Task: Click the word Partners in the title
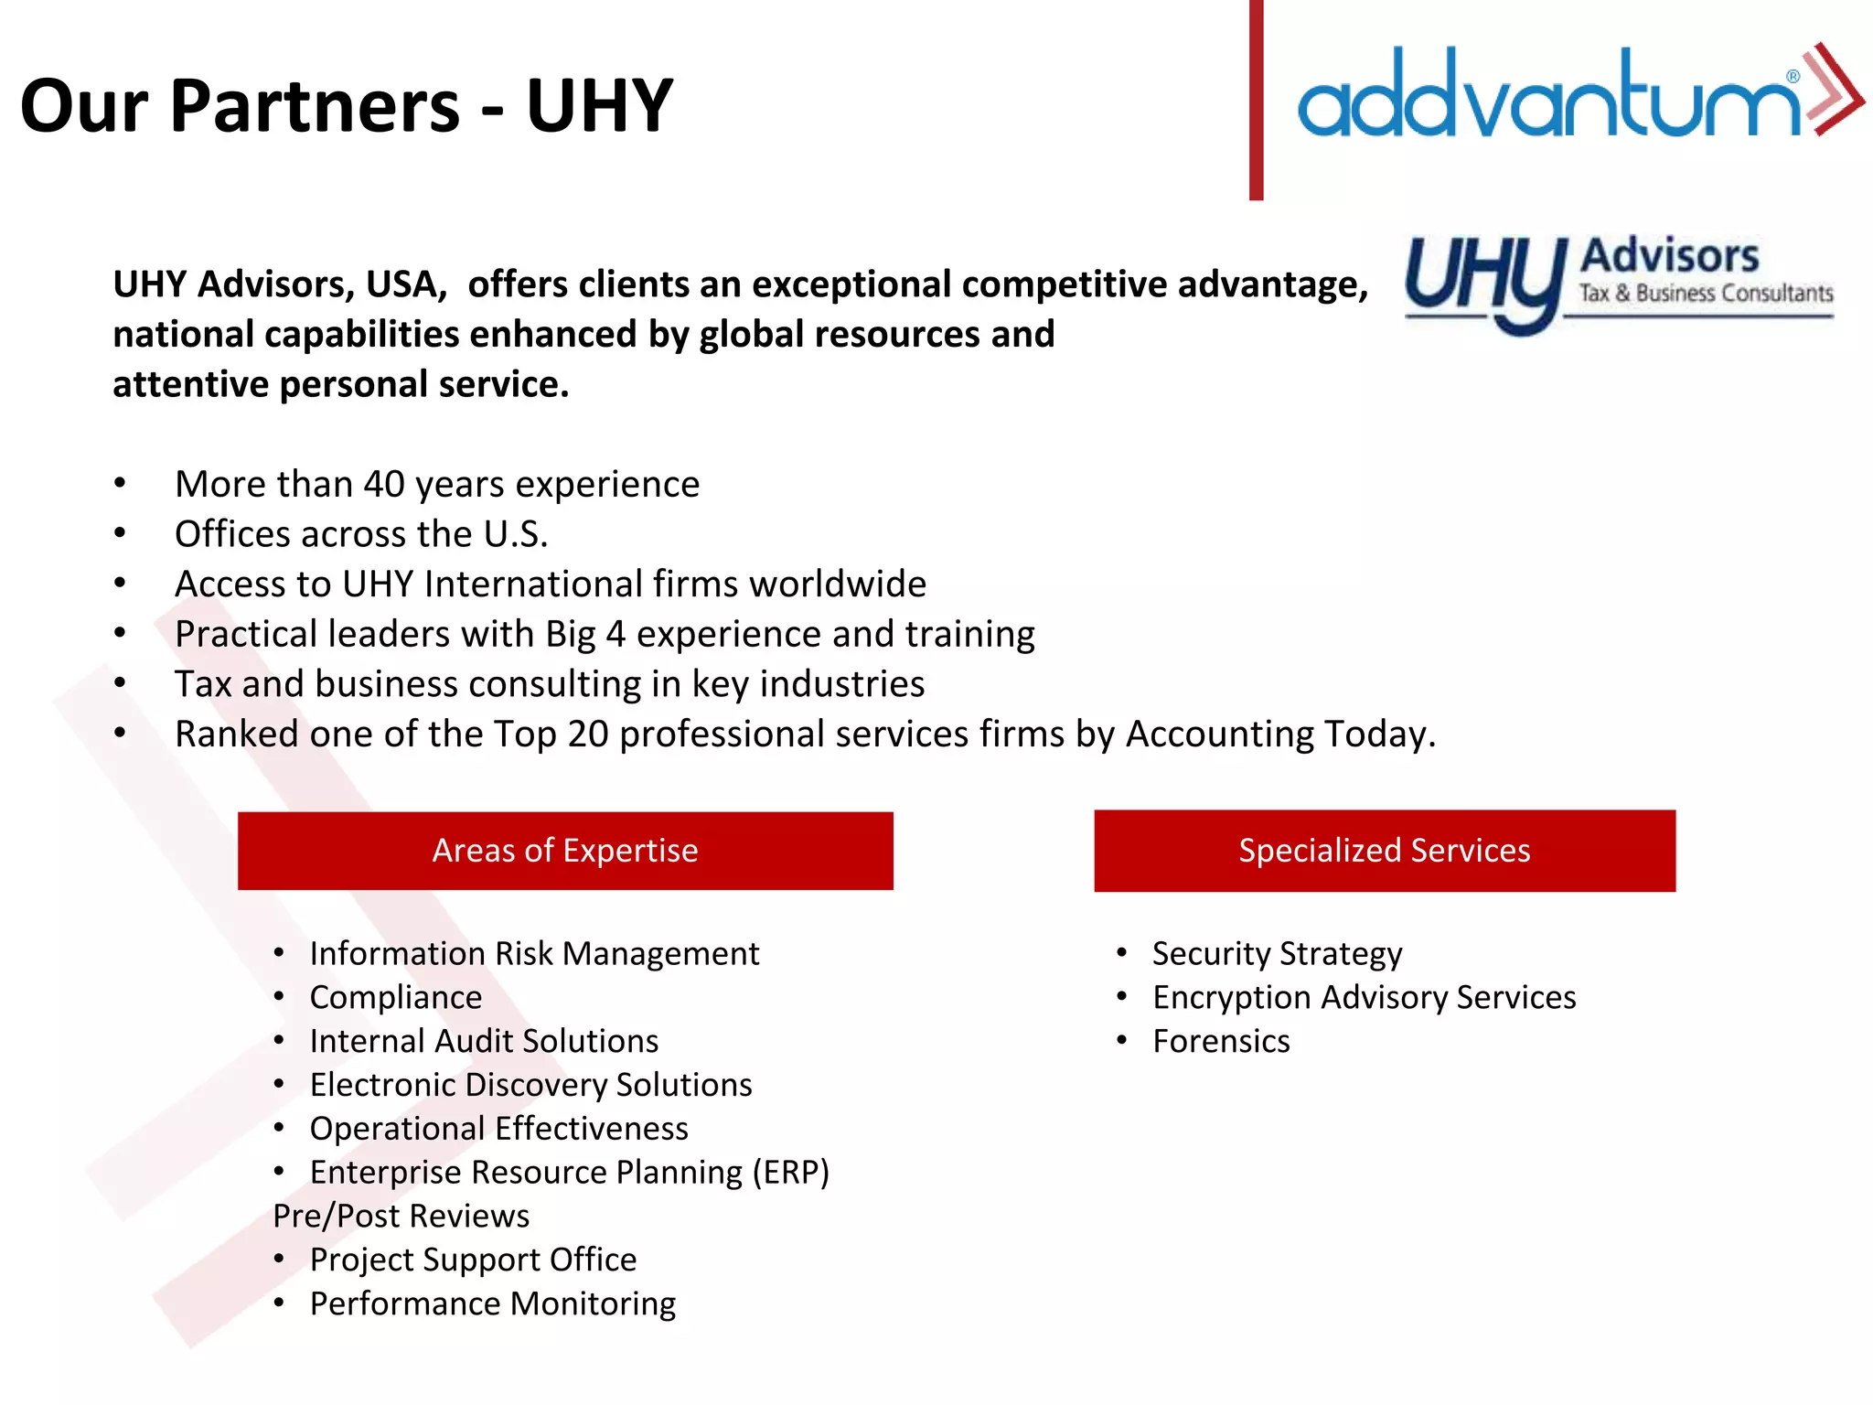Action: click(315, 106)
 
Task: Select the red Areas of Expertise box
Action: click(565, 851)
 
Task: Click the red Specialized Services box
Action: click(1385, 851)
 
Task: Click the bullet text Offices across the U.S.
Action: click(361, 534)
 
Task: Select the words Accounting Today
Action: click(1280, 735)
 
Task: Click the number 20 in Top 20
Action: click(588, 735)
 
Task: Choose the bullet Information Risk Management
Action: click(534, 954)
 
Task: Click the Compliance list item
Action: click(395, 998)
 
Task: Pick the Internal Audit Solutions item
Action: click(484, 1042)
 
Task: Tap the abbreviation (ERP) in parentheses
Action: click(790, 1173)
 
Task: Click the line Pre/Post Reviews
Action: click(401, 1217)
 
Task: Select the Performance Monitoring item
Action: click(492, 1304)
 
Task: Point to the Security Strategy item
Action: click(1277, 954)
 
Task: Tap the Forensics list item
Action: click(1221, 1042)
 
